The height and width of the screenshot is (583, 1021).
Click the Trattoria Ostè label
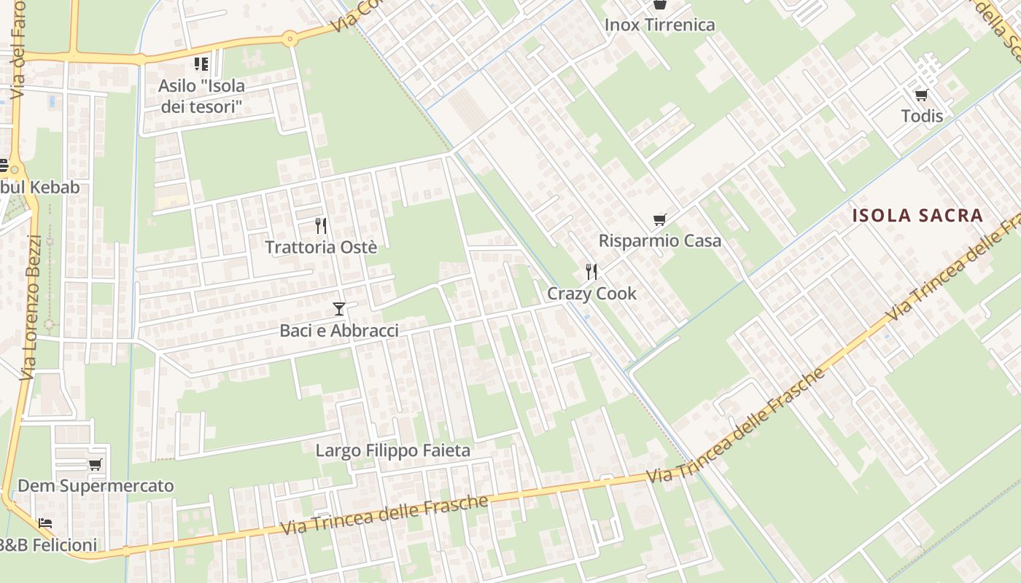tap(321, 247)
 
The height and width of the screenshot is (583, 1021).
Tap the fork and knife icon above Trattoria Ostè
tap(320, 225)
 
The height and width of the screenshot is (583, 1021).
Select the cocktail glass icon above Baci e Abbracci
tap(338, 309)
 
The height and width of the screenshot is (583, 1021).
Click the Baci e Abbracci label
tap(339, 331)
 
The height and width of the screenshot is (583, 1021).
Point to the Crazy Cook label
tap(591, 294)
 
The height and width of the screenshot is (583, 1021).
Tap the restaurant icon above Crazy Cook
tap(591, 272)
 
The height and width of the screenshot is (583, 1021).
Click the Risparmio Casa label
tap(659, 240)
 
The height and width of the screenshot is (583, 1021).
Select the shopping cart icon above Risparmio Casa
tap(659, 219)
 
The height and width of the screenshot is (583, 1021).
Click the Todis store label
tap(922, 116)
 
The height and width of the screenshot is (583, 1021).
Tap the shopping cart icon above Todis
tap(921, 95)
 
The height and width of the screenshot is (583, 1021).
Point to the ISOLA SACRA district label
tap(918, 216)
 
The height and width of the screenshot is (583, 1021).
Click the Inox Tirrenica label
tap(659, 25)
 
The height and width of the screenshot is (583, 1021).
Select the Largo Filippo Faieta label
tap(392, 450)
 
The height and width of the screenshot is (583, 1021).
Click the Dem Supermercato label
tap(96, 485)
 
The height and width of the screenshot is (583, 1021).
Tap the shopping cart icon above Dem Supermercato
tap(95, 464)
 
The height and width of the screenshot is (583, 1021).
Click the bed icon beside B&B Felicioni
tap(45, 523)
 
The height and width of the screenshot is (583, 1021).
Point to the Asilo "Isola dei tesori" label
tap(201, 96)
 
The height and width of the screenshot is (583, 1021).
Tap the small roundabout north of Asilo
tap(290, 38)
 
